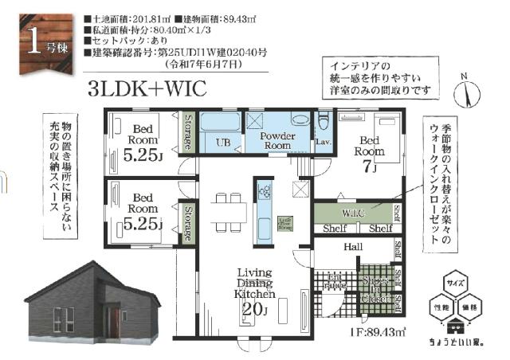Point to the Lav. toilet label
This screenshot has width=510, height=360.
[323, 141]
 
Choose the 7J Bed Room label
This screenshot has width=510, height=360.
[368, 155]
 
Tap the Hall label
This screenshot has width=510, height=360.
[353, 248]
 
